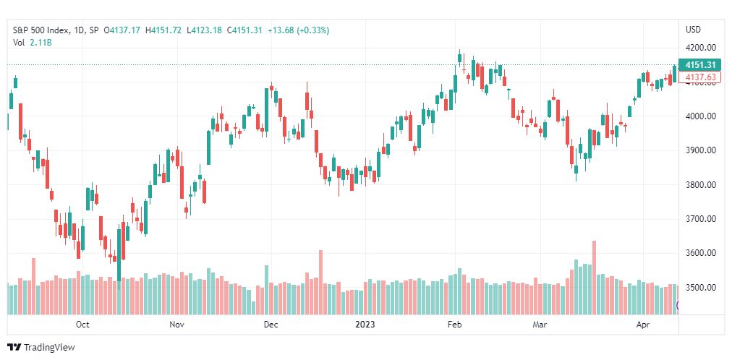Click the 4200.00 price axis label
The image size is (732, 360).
tap(700, 48)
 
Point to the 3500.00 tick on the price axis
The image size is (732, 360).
tap(700, 288)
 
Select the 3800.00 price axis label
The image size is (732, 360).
tap(700, 185)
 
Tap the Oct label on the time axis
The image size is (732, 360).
tap(82, 325)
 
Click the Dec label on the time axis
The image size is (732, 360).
tap(271, 325)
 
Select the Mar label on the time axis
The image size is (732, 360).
tap(540, 325)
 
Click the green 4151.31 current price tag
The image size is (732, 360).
tap(700, 65)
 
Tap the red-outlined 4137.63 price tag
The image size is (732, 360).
tap(700, 77)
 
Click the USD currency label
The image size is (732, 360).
tap(693, 30)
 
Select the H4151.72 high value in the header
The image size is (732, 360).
tap(163, 30)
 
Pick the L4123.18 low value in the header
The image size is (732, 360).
tap(205, 30)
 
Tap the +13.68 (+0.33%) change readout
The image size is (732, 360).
tap(298, 30)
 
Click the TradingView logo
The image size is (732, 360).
tap(41, 348)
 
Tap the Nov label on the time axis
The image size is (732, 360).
tap(177, 325)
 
